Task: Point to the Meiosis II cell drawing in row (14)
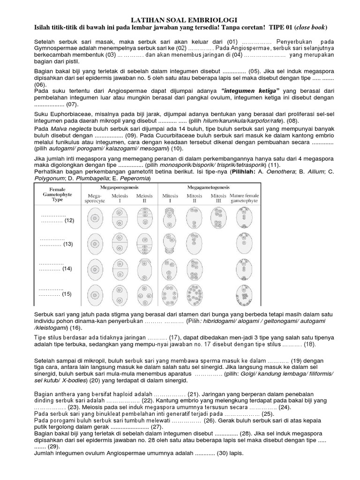pos(143,270)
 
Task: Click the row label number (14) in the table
pos(67,269)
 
